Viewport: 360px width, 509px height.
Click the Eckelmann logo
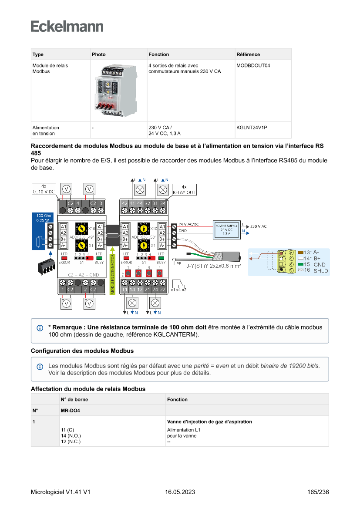(x=67, y=27)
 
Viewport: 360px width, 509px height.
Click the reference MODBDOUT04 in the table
(x=253, y=66)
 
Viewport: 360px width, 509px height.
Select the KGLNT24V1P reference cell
(x=252, y=128)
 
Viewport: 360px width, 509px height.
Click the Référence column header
(x=248, y=54)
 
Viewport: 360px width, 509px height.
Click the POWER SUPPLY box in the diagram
(x=226, y=229)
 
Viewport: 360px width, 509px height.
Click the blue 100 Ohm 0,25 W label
(x=45, y=218)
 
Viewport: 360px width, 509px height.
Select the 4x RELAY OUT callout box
(x=184, y=189)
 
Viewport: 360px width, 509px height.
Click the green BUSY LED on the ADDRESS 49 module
(x=99, y=258)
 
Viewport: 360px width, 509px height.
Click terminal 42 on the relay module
(x=124, y=203)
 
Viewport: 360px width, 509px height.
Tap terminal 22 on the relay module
(x=162, y=290)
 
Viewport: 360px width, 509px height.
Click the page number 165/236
(x=318, y=492)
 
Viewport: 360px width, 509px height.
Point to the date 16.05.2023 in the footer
(x=180, y=492)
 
